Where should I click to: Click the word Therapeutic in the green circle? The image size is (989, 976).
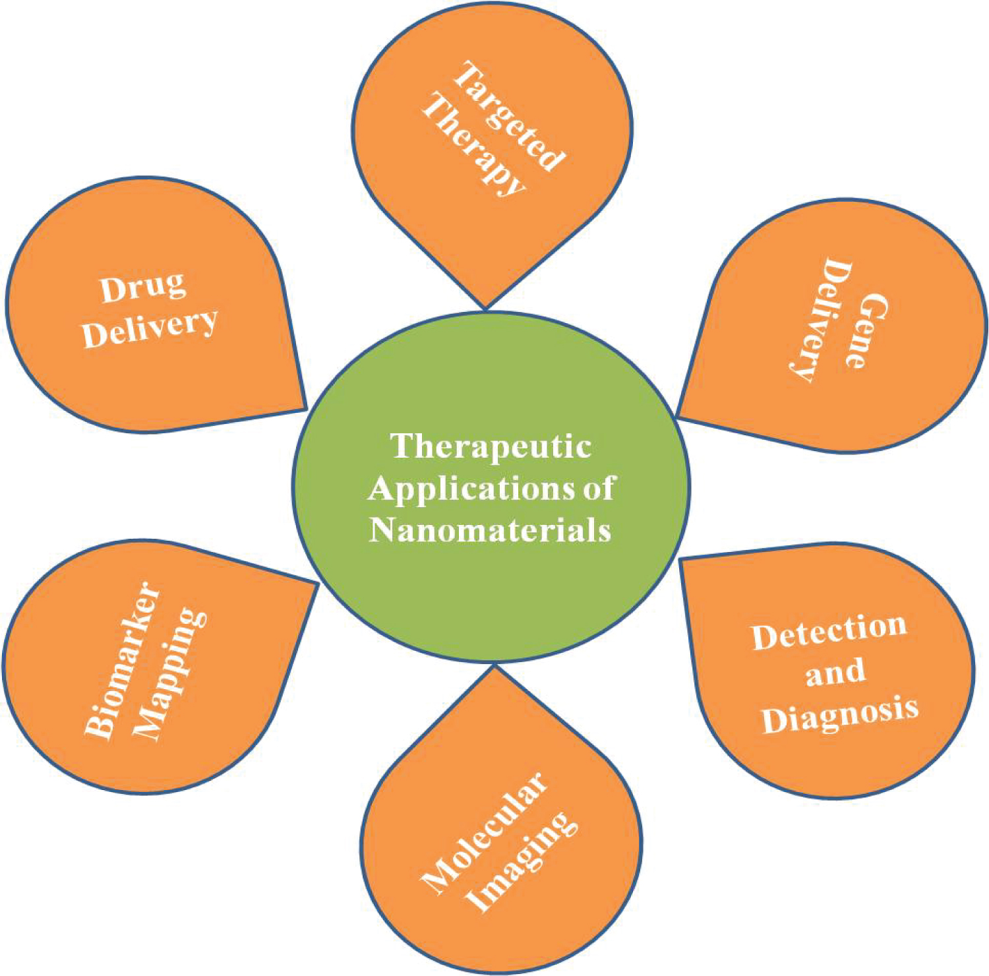[x=491, y=446]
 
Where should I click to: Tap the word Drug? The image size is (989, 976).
[x=143, y=288]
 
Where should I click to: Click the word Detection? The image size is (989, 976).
[x=829, y=632]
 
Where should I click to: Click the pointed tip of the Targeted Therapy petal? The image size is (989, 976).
[x=485, y=308]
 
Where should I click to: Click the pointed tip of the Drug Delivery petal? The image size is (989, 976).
[x=307, y=409]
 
